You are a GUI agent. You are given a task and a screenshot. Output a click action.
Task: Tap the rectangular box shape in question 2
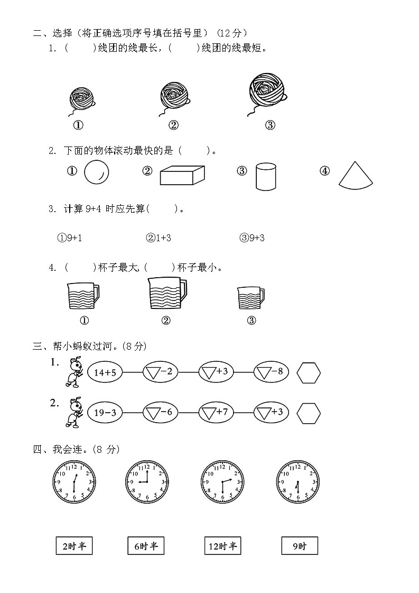point(182,175)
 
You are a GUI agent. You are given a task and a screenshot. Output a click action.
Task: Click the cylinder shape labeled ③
point(266,176)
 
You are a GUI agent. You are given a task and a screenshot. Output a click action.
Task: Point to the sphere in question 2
point(97,172)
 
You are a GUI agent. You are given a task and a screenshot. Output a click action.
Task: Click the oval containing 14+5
point(105,372)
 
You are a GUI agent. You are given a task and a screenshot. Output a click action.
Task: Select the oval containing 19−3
point(105,413)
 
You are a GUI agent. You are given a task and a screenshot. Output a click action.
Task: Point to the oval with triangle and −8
point(271,372)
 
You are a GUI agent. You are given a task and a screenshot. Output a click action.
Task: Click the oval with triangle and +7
point(216,413)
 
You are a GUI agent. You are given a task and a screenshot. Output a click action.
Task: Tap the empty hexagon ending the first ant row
point(309,372)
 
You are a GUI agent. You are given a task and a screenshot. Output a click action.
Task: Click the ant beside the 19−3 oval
point(73,412)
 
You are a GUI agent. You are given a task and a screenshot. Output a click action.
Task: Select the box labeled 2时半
point(74,546)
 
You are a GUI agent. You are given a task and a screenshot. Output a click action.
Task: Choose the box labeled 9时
point(300,546)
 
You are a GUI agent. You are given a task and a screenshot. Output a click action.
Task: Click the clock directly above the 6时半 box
point(147,482)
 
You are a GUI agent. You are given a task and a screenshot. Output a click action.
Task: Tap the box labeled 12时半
point(222,546)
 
